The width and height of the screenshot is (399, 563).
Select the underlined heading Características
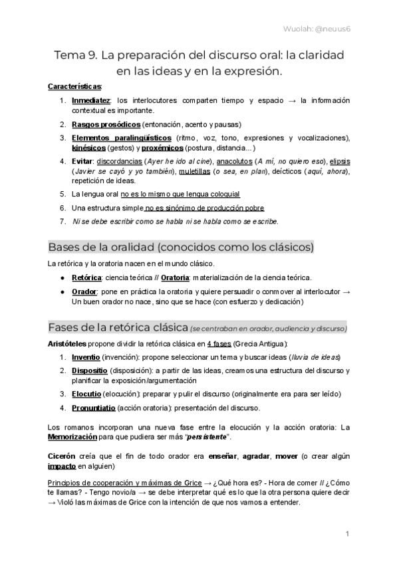[75, 87]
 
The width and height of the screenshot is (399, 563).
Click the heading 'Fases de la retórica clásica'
[117, 327]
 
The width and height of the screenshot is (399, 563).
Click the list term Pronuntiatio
[96, 407]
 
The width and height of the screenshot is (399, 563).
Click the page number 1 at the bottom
[348, 533]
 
